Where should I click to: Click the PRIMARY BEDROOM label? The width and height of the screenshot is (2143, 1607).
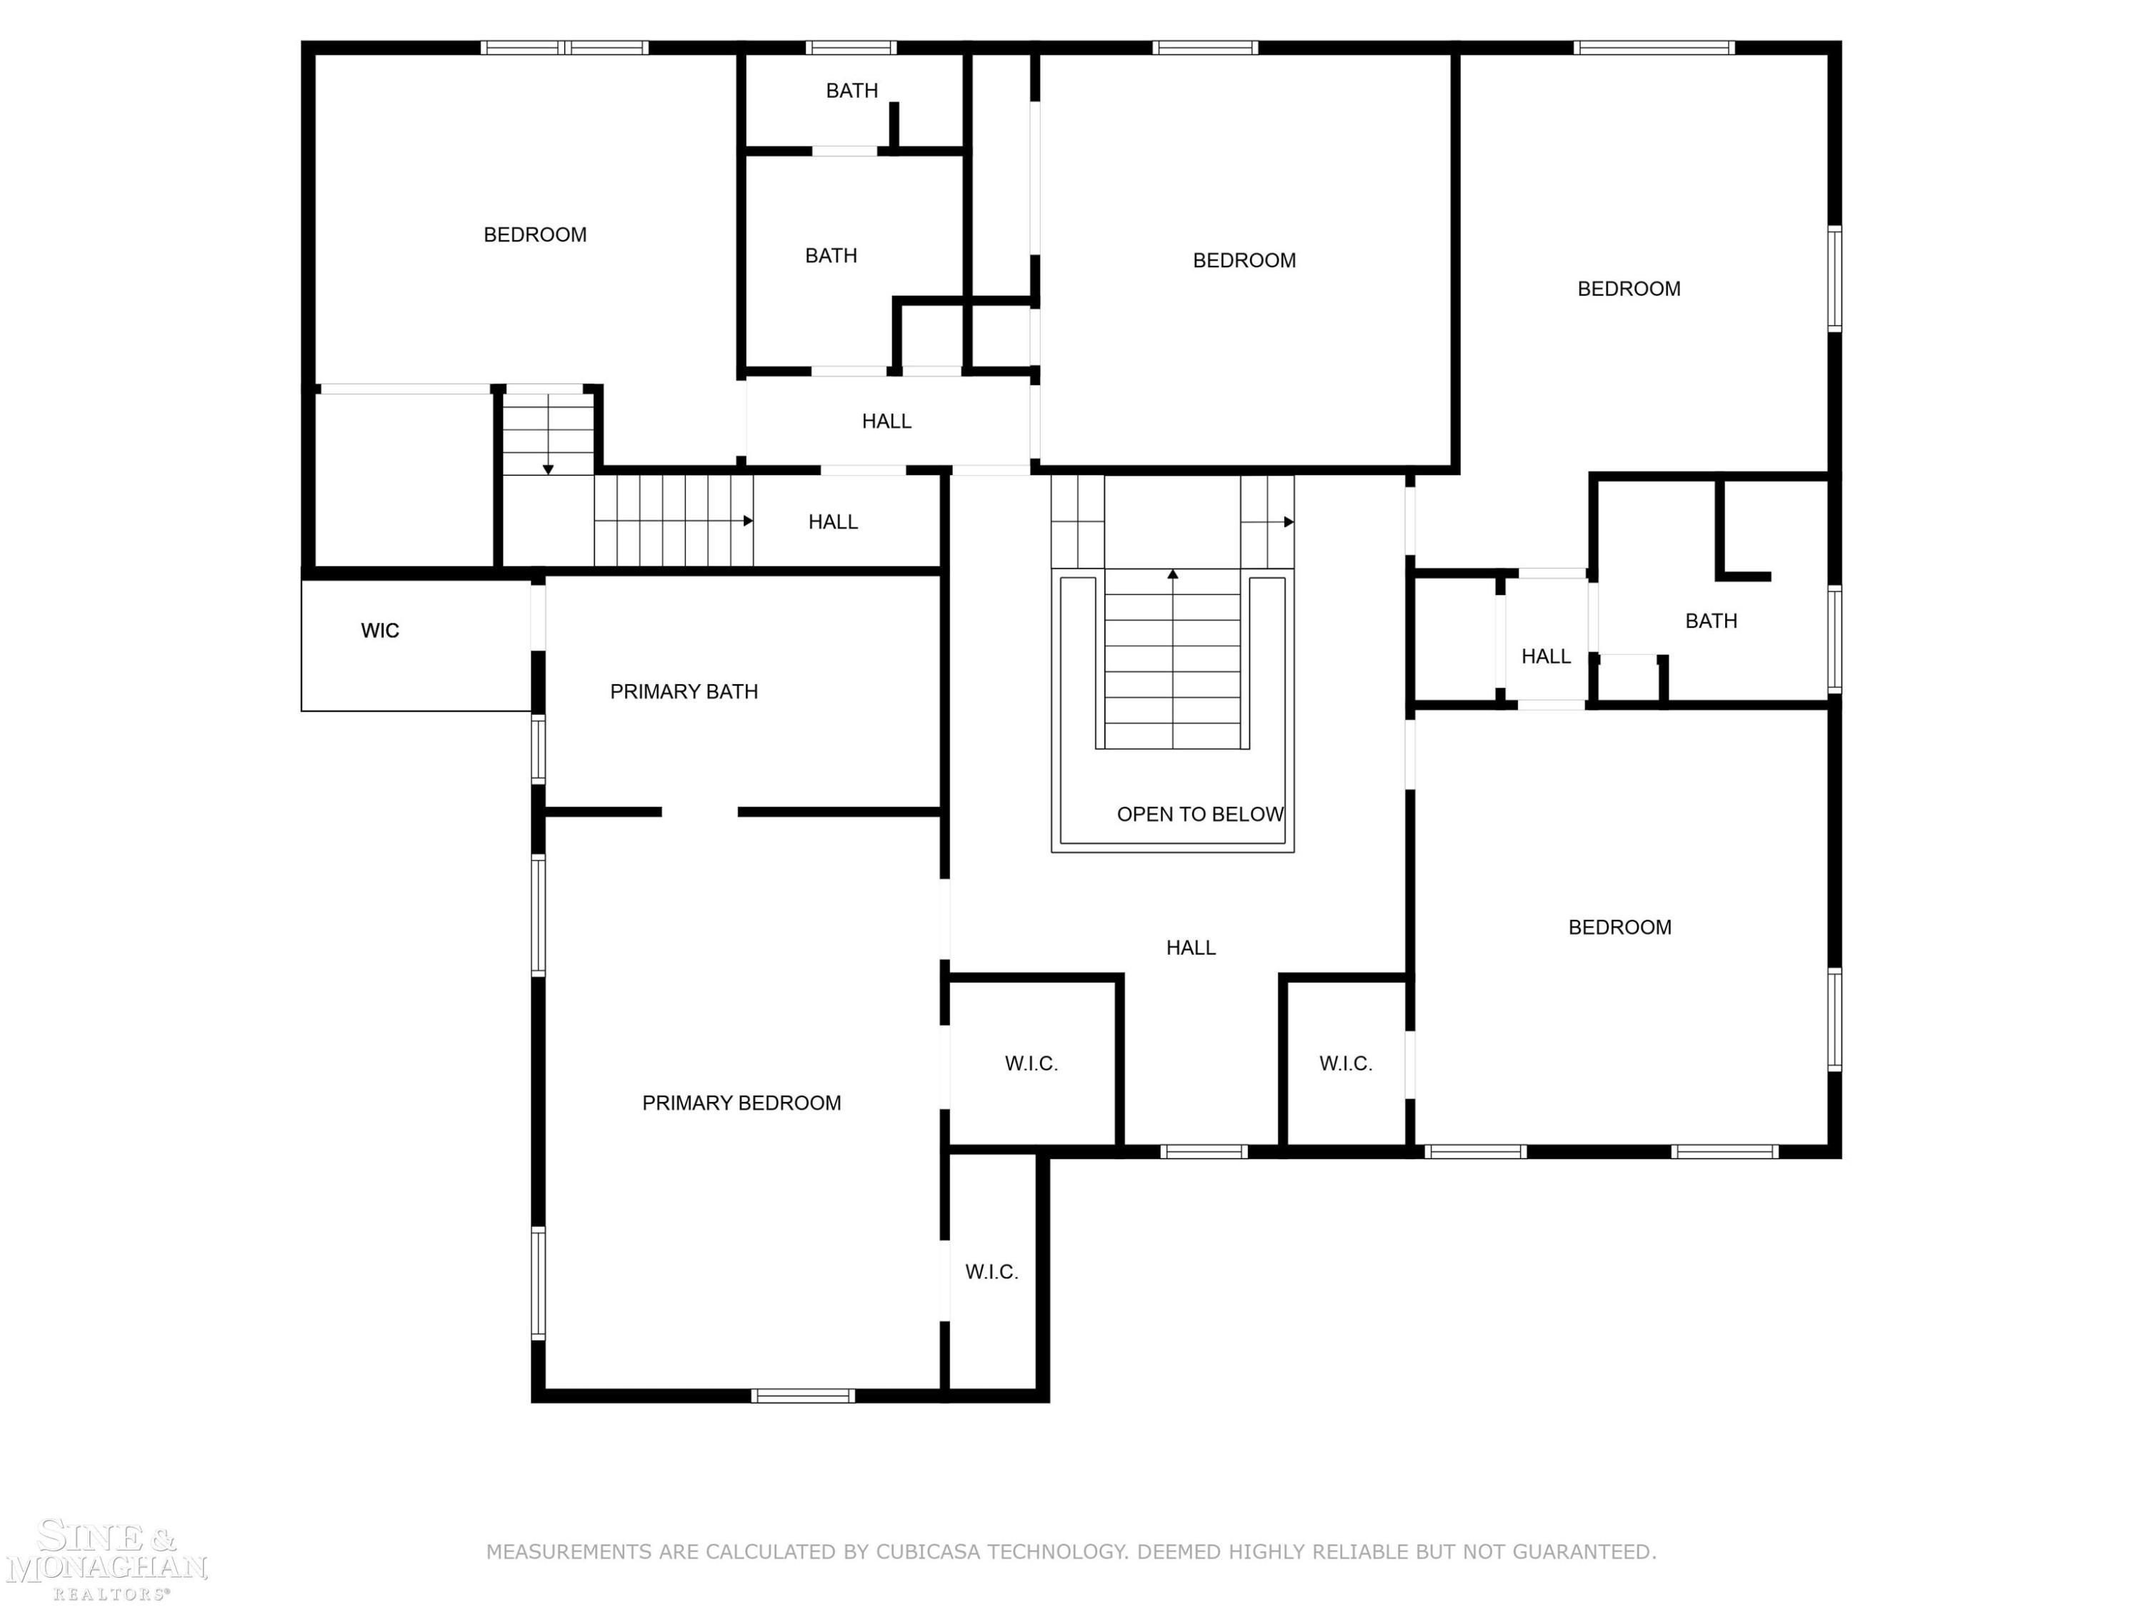click(741, 1102)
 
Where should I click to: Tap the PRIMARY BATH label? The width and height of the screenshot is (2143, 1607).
click(684, 691)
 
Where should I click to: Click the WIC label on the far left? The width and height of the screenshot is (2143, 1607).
click(380, 631)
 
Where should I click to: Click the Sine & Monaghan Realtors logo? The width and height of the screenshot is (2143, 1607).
click(106, 1561)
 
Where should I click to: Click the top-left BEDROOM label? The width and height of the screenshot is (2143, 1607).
click(535, 234)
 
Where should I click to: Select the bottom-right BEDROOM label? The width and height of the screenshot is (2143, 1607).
click(1620, 927)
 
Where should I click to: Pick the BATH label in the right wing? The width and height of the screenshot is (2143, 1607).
click(1711, 621)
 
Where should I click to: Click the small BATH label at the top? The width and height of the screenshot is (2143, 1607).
click(851, 90)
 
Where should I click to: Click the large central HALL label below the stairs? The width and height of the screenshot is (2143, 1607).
click(1191, 947)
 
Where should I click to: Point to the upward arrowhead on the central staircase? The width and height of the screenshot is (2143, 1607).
click(1172, 574)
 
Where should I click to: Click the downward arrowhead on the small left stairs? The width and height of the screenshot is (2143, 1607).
click(549, 470)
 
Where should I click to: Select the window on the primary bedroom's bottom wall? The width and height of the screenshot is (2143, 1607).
click(803, 1396)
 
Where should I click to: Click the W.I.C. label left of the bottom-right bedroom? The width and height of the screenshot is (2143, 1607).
click(1346, 1063)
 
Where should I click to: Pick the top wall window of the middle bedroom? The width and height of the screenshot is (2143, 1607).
click(1205, 47)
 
